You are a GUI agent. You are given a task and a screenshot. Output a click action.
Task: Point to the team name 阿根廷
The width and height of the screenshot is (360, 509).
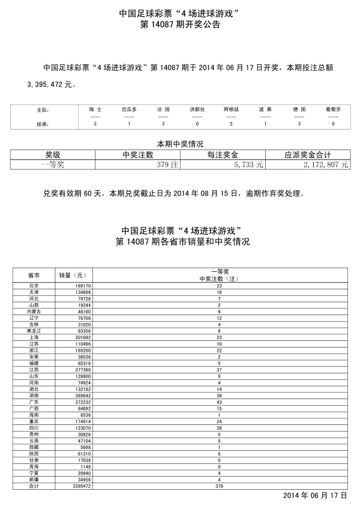click(x=232, y=110)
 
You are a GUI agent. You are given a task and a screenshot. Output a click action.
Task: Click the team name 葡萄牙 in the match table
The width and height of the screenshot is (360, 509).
click(x=334, y=110)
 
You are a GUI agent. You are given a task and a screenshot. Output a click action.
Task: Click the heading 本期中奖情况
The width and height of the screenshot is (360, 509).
click(x=180, y=144)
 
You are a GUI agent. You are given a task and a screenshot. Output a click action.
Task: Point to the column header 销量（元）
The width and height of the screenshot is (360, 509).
click(x=72, y=275)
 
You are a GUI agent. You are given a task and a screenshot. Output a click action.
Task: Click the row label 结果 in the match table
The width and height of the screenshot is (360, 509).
click(x=41, y=124)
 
